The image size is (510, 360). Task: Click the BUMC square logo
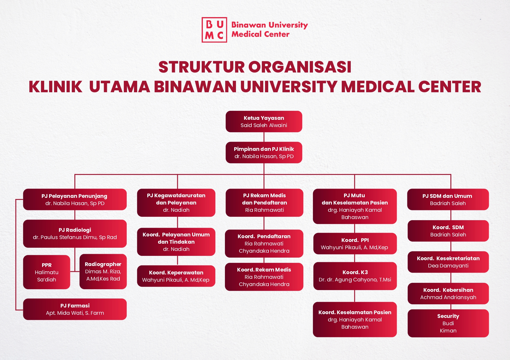point(214,30)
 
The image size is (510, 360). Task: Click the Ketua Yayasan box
point(264,122)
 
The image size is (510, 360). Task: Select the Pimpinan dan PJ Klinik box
point(264,153)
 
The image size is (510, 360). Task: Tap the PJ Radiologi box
point(75,234)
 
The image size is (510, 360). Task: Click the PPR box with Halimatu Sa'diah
point(46,272)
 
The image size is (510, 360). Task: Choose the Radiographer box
point(103,272)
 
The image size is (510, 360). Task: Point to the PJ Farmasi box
point(75,309)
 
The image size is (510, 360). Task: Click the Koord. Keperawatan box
point(176,276)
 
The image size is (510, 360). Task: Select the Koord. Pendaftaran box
point(264,244)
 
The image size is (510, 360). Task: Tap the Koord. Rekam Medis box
point(264,277)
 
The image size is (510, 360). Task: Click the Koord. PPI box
point(355,244)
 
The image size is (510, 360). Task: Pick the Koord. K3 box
point(355,276)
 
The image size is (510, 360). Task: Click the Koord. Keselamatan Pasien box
point(355,319)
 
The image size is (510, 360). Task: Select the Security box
point(448,323)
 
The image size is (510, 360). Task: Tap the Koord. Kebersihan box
point(448,294)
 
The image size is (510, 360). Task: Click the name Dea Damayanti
point(448,266)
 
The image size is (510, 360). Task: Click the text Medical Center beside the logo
point(260,34)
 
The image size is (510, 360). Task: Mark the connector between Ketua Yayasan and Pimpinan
point(264,137)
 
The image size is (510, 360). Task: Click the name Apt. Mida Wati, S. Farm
point(75,313)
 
